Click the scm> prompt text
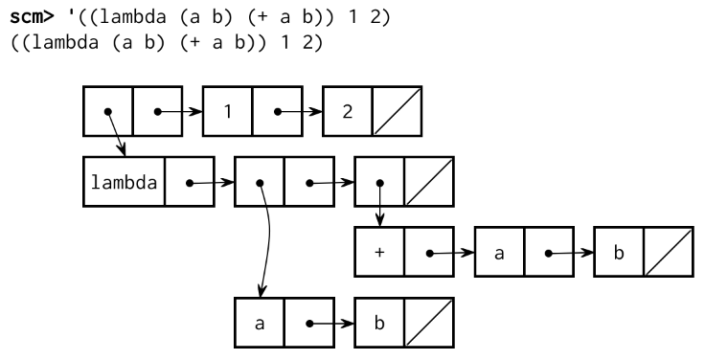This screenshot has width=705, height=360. [30, 16]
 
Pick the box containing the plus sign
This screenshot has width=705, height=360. [379, 253]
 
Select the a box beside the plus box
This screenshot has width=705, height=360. [499, 253]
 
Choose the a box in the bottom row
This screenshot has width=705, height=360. [260, 324]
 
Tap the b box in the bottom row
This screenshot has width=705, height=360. [379, 324]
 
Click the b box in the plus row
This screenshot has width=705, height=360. [619, 253]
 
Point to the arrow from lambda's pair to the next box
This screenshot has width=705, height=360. [214, 180]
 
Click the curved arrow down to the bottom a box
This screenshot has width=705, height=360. [269, 239]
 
